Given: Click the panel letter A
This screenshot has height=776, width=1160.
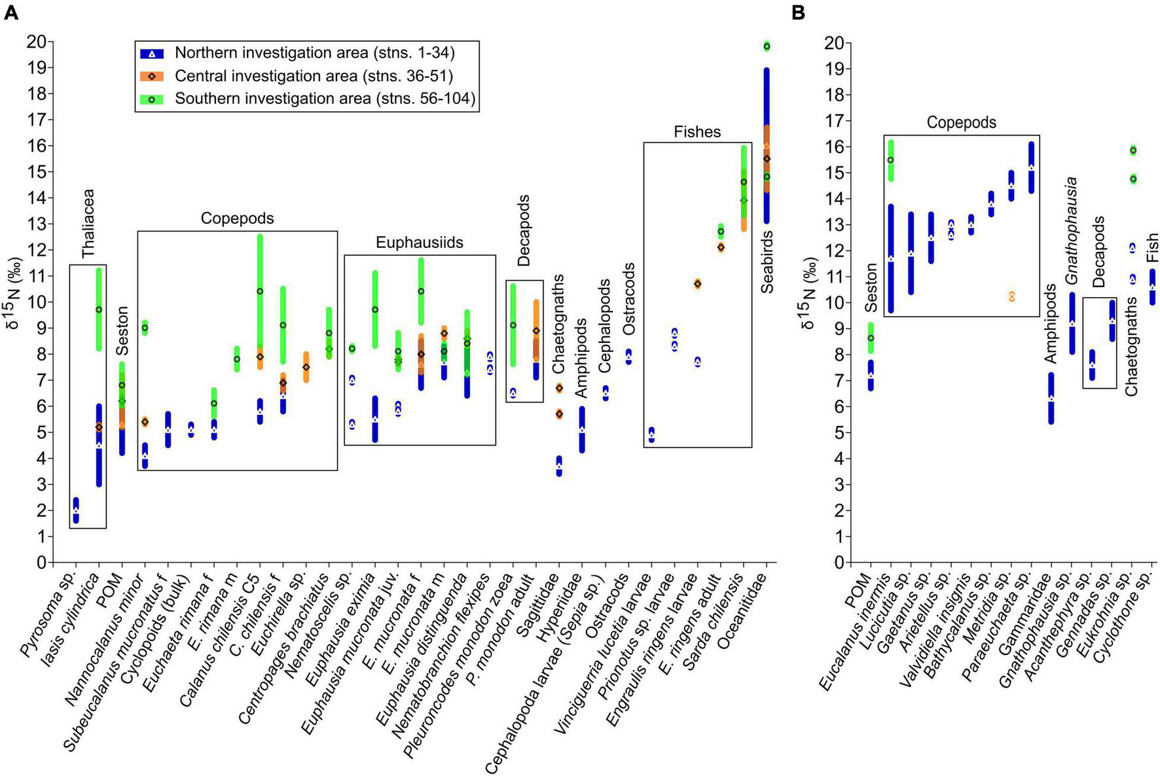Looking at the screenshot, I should pyautogui.click(x=10, y=12).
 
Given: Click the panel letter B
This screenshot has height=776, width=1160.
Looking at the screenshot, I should pyautogui.click(x=798, y=12).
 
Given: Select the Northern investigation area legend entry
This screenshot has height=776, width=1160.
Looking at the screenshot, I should pyautogui.click(x=314, y=53).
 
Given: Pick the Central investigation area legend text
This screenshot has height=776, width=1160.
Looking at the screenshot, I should pyautogui.click(x=314, y=76).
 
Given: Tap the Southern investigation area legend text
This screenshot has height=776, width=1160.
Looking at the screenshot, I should pyautogui.click(x=325, y=99).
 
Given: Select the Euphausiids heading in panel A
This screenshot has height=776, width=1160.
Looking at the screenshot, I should pyautogui.click(x=419, y=243).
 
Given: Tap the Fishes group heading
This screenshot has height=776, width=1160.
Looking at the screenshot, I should pyautogui.click(x=697, y=132).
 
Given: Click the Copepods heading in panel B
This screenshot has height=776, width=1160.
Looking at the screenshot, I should pyautogui.click(x=961, y=123).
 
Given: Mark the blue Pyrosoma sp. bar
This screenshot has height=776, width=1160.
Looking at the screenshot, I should pyautogui.click(x=76, y=510).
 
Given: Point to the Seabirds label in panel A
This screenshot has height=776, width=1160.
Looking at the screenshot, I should pyautogui.click(x=767, y=262).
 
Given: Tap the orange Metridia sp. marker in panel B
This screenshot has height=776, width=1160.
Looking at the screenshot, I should pyautogui.click(x=1011, y=296).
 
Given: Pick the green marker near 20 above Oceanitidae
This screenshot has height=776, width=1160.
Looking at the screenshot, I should pyautogui.click(x=767, y=46).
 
